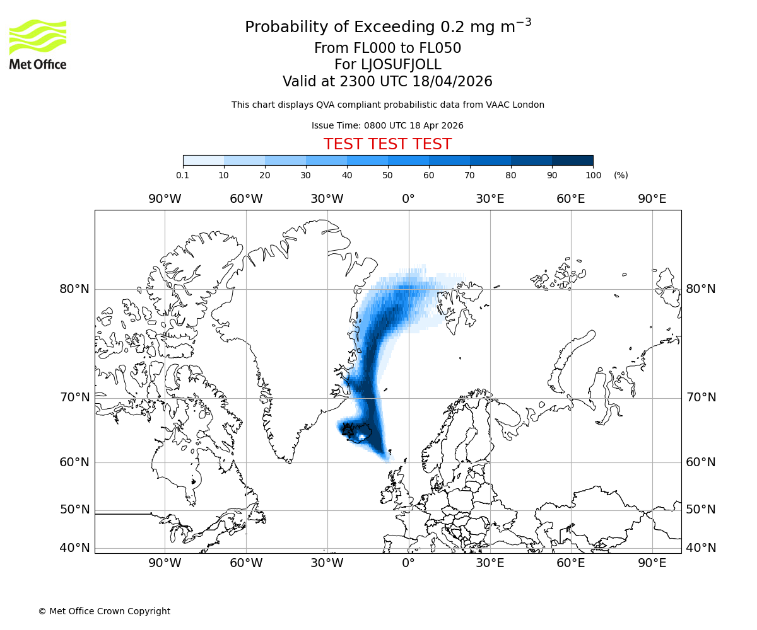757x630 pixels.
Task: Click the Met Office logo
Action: coord(38,44)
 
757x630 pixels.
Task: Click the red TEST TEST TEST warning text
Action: coord(387,144)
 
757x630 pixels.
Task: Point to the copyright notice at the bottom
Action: coord(104,611)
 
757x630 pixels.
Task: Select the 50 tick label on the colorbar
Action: coord(388,175)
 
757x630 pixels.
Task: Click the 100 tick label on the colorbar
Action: coord(593,175)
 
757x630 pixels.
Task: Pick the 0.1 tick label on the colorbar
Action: coord(183,175)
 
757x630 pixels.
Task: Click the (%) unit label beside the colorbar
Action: coord(621,175)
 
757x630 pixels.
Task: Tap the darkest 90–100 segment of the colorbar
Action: coord(572,160)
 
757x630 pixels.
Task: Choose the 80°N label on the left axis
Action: coord(74,289)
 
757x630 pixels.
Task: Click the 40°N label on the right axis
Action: coord(701,548)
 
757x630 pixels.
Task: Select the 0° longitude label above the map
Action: coord(408,199)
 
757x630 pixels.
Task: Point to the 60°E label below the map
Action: coord(571,563)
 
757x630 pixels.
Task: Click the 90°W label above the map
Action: coord(165,199)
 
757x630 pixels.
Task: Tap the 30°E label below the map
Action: coord(490,563)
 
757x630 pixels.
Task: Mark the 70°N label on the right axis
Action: coord(701,398)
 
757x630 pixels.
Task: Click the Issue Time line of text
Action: coord(387,125)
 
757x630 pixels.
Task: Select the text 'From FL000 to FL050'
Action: coord(387,49)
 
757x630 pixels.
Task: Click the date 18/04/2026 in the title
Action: coord(452,81)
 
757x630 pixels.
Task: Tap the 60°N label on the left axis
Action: coord(74,462)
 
